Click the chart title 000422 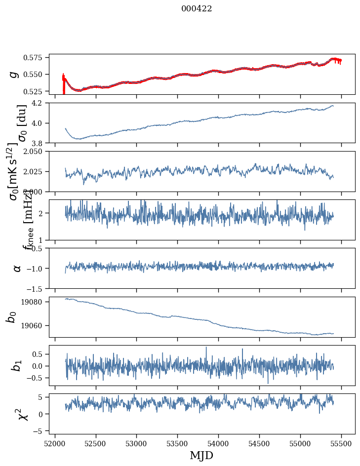point(197,9)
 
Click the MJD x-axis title point(201,455)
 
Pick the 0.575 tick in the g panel point(36,58)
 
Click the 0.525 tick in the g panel point(36,91)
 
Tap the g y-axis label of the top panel point(15,74)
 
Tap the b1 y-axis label point(17,365)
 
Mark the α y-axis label point(17,268)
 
